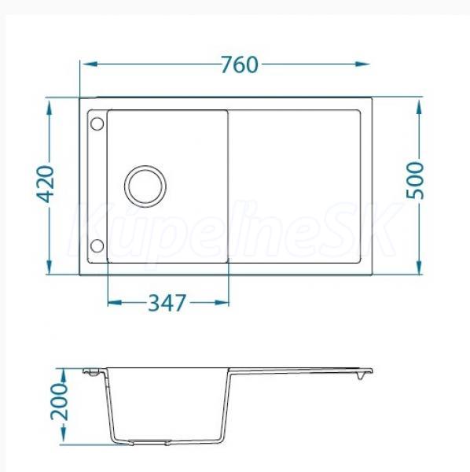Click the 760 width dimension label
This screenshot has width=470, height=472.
[240, 65]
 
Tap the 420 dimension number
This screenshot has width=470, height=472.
[45, 183]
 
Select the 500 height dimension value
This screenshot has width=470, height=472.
[415, 181]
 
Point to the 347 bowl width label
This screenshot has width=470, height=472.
[167, 303]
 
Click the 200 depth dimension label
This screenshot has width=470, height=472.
[59, 401]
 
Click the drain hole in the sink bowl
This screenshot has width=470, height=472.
[145, 186]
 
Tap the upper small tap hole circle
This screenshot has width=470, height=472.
[97, 124]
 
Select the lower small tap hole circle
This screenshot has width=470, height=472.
[97, 245]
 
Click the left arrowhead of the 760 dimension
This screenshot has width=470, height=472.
[90, 65]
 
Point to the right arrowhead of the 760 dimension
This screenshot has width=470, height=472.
[362, 65]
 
